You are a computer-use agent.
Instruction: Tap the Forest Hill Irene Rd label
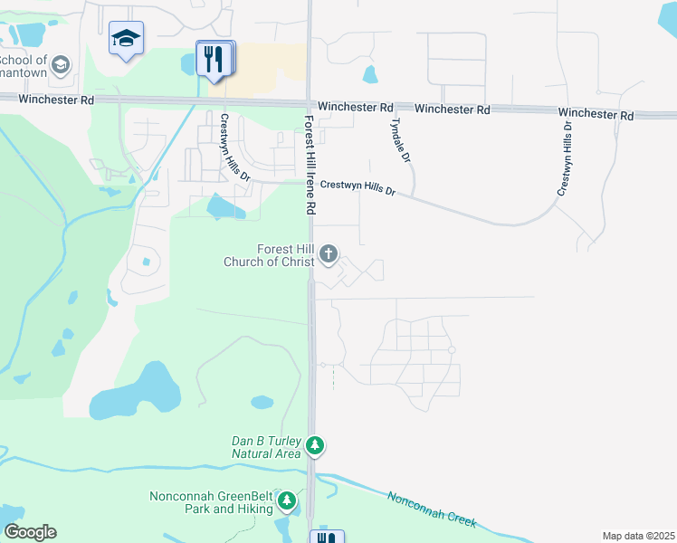point(310,164)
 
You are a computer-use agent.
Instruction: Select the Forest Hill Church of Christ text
point(273,255)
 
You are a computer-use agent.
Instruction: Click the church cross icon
point(328,255)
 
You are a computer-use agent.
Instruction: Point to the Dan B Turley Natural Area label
point(266,447)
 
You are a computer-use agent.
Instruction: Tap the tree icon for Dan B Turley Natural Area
point(315,445)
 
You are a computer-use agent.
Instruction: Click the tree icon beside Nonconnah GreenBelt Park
point(287,500)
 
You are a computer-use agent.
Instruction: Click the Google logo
point(30,532)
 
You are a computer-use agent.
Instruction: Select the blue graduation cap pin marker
point(126,39)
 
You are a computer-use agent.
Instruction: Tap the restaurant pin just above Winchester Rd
point(215,60)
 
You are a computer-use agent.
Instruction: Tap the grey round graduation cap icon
point(61,64)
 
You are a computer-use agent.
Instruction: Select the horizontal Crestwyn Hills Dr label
point(358,190)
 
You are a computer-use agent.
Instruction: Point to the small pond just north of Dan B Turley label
point(262,402)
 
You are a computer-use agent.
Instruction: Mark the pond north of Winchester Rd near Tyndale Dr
point(369,74)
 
